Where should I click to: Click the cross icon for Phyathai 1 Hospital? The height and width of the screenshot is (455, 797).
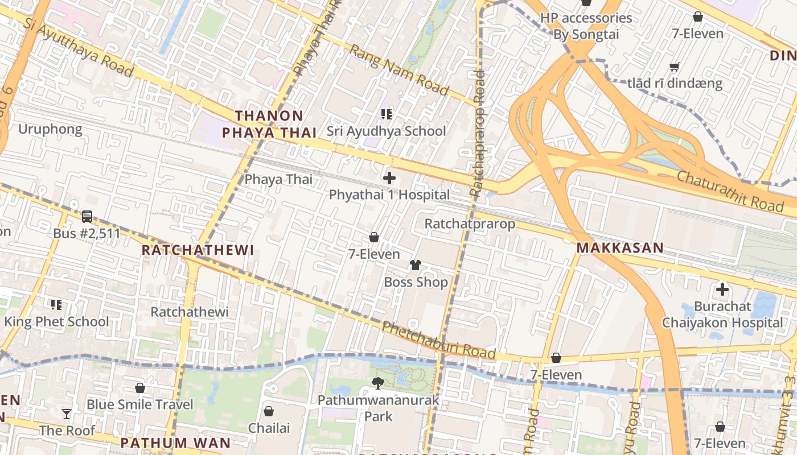click(389, 178)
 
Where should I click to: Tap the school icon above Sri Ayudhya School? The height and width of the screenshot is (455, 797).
click(387, 114)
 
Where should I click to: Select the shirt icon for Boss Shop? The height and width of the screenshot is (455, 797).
click(416, 265)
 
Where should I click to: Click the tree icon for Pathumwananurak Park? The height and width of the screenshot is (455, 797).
click(377, 383)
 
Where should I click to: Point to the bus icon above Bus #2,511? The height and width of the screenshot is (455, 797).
click(87, 217)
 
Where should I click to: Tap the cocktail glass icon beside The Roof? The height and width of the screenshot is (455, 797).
click(67, 413)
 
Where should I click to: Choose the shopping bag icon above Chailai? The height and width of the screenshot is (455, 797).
click(269, 411)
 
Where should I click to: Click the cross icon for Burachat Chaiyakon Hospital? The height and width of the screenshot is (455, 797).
click(722, 289)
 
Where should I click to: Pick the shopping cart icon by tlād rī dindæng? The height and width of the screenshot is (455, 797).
click(675, 67)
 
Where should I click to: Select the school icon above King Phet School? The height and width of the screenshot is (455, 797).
click(56, 305)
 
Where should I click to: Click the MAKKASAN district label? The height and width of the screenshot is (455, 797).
click(620, 248)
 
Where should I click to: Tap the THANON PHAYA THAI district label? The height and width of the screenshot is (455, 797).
click(269, 125)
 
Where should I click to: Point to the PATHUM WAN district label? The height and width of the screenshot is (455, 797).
click(175, 443)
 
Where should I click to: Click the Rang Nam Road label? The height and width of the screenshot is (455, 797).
click(398, 70)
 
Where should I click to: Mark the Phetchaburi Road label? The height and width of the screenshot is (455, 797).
click(438, 340)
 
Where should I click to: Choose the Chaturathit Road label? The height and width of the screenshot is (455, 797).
click(730, 191)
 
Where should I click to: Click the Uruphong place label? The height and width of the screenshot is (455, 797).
click(50, 129)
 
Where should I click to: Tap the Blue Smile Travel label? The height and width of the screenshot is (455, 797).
click(140, 404)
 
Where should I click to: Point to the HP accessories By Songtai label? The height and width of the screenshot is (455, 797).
click(586, 26)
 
